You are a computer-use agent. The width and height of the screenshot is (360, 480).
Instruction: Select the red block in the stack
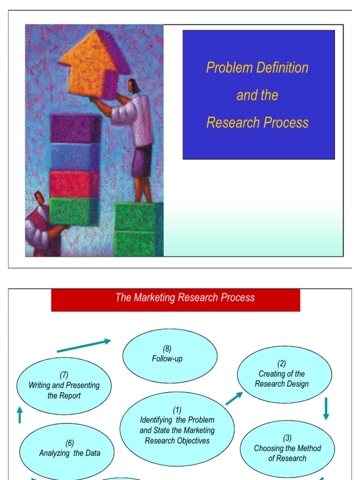pyautogui.click(x=75, y=183)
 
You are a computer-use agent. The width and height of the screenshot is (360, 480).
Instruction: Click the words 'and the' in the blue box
pyautogui.click(x=257, y=95)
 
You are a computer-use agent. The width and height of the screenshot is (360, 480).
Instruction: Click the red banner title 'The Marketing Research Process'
pyautogui.click(x=185, y=298)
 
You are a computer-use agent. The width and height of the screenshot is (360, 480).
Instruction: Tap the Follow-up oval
pyautogui.click(x=170, y=355)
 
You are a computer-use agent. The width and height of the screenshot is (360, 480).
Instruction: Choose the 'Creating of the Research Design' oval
pyautogui.click(x=284, y=374)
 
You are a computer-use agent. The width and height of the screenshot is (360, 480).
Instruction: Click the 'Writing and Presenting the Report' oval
pyautogui.click(x=64, y=386)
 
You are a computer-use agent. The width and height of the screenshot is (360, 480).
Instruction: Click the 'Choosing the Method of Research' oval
pyautogui.click(x=287, y=449)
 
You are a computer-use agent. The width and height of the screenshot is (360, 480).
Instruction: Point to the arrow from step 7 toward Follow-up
pyautogui.click(x=84, y=346)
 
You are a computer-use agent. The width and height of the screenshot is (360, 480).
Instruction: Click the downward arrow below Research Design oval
pyautogui.click(x=326, y=409)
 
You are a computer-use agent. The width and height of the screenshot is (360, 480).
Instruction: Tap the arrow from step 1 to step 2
pyautogui.click(x=234, y=398)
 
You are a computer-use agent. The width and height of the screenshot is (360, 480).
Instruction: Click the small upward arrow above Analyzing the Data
pyautogui.click(x=20, y=415)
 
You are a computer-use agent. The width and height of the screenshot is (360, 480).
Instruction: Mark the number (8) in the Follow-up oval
pyautogui.click(x=167, y=349)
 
